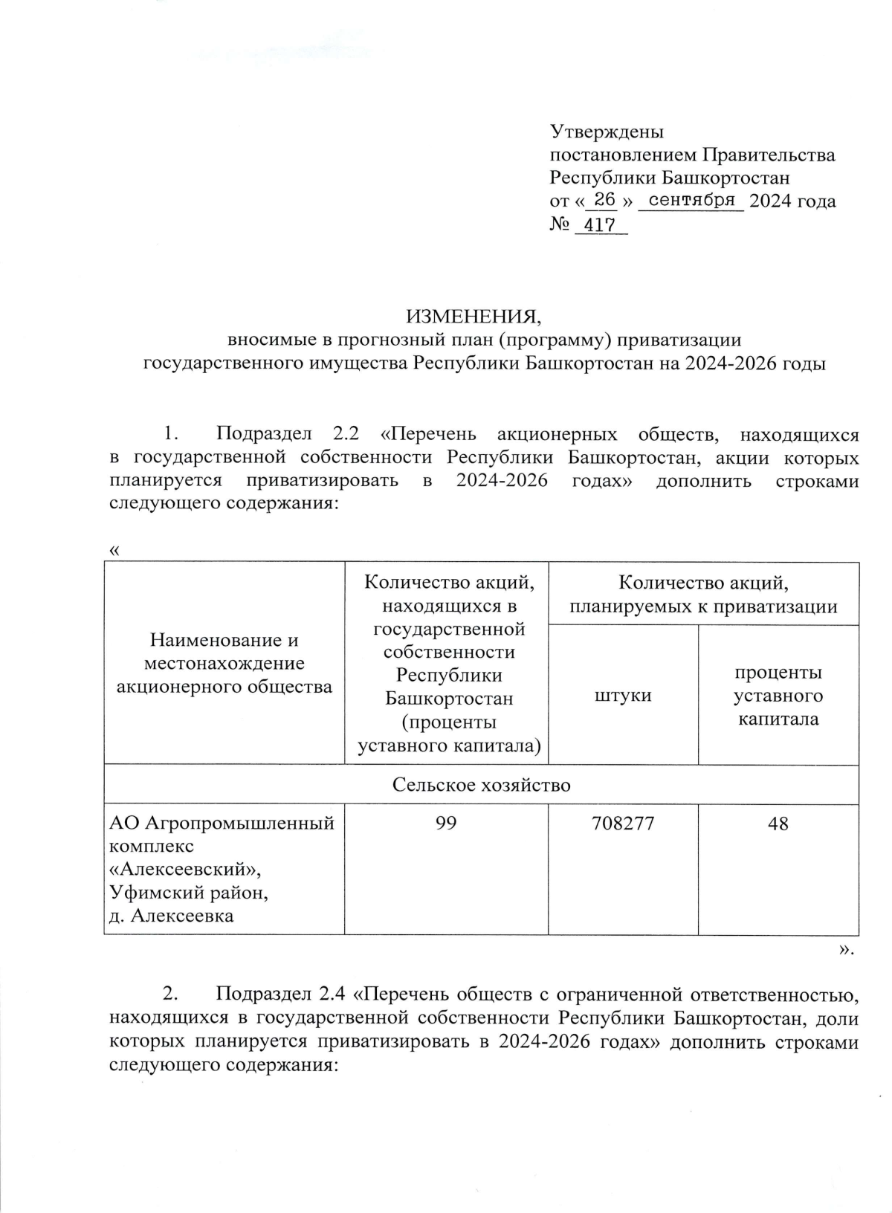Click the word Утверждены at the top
(x=607, y=132)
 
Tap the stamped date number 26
(x=605, y=199)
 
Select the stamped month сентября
(x=691, y=200)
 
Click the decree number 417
(x=601, y=224)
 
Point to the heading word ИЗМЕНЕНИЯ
(x=474, y=317)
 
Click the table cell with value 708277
(x=623, y=824)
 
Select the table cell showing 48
(x=778, y=824)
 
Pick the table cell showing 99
(x=447, y=824)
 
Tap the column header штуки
(x=623, y=695)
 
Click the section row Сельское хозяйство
(x=482, y=785)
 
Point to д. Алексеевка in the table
(x=171, y=916)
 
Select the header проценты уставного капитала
(x=778, y=695)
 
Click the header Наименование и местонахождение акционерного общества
(x=224, y=663)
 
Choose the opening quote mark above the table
(x=114, y=551)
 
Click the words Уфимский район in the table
(x=189, y=892)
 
